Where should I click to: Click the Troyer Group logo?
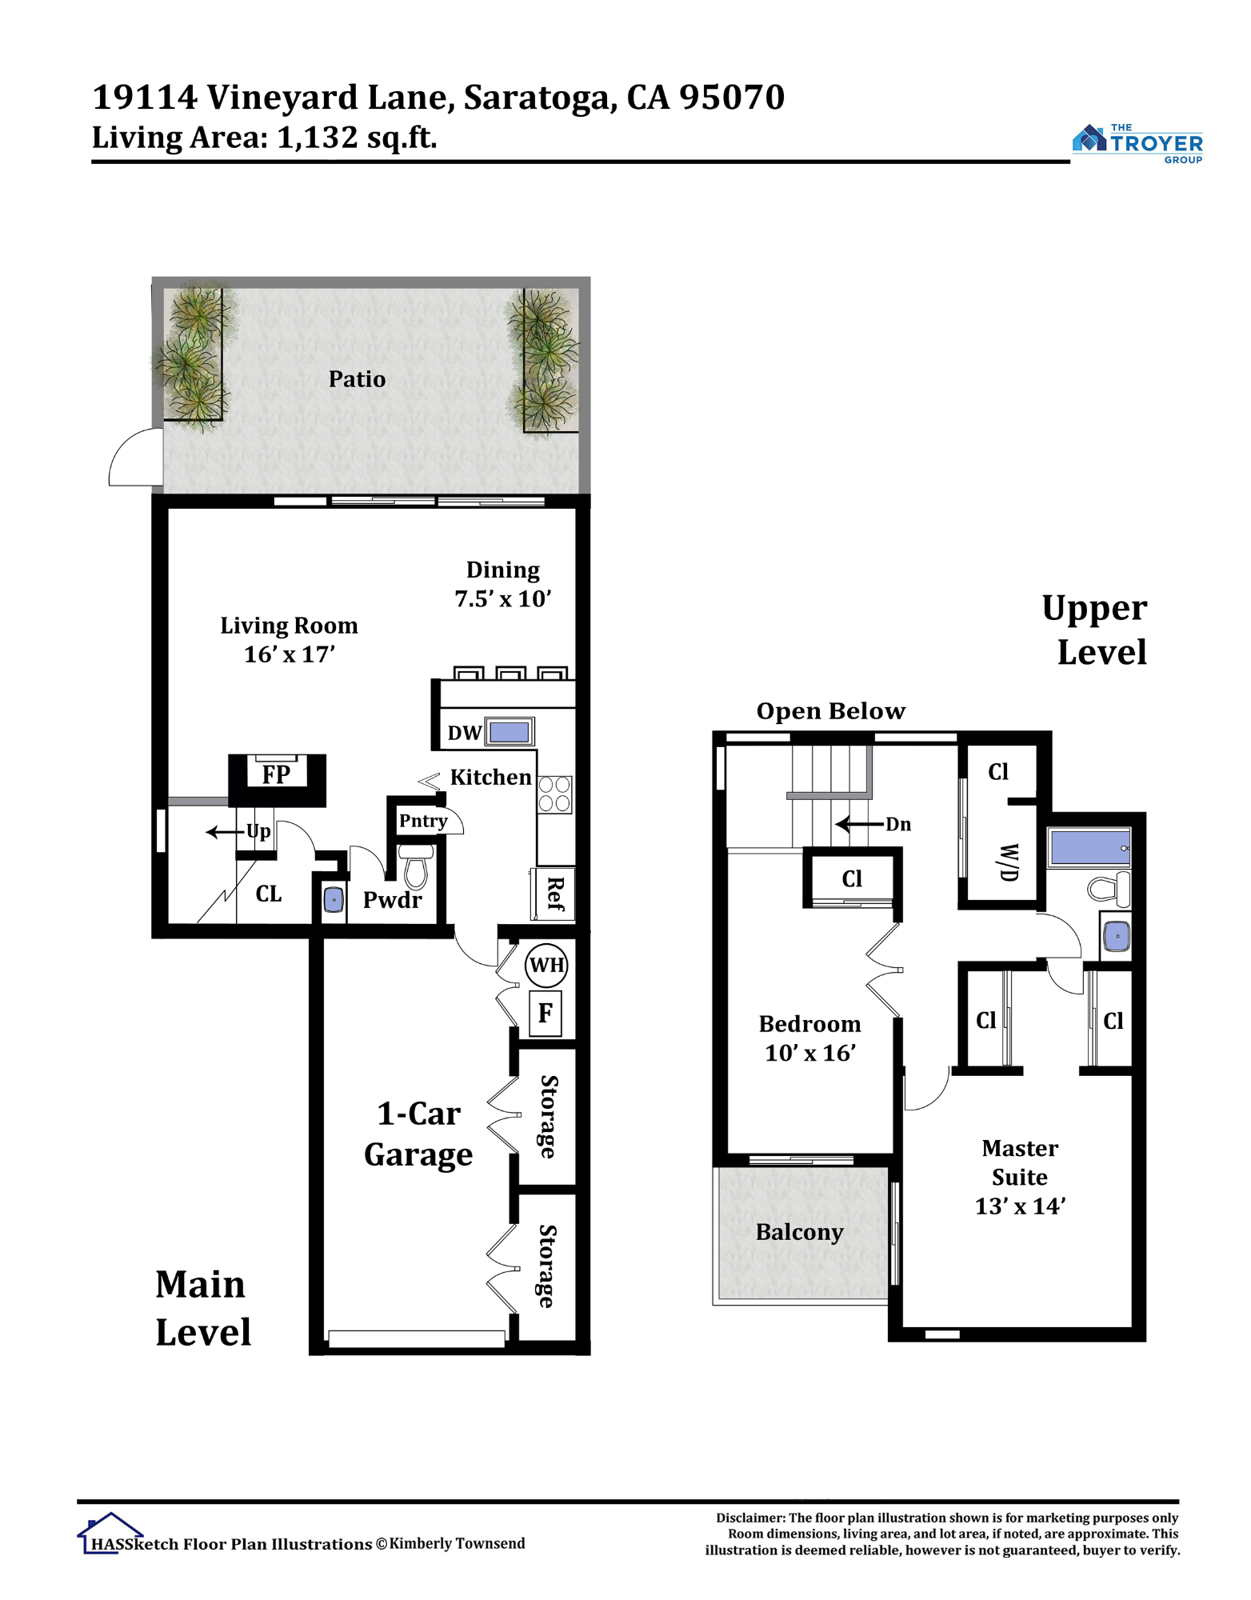click(x=1137, y=144)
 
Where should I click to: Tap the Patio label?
click(x=357, y=379)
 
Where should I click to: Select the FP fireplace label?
click(x=276, y=774)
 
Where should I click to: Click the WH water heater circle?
click(x=547, y=965)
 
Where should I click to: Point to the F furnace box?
click(x=546, y=1014)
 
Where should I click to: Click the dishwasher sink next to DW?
click(x=510, y=732)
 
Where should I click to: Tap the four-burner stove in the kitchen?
click(x=554, y=794)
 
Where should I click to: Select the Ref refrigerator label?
click(x=554, y=894)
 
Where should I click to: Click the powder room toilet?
click(x=416, y=866)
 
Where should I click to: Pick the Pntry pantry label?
click(x=423, y=821)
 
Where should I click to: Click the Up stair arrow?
click(x=225, y=833)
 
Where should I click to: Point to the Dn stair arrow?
click(x=860, y=824)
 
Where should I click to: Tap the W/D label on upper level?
click(x=1009, y=862)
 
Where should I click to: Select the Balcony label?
click(x=799, y=1233)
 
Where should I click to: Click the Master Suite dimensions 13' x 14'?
click(x=1020, y=1206)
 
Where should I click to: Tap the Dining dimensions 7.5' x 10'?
click(x=503, y=599)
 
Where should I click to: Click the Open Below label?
click(x=831, y=711)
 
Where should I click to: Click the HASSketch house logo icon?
click(x=110, y=1533)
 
